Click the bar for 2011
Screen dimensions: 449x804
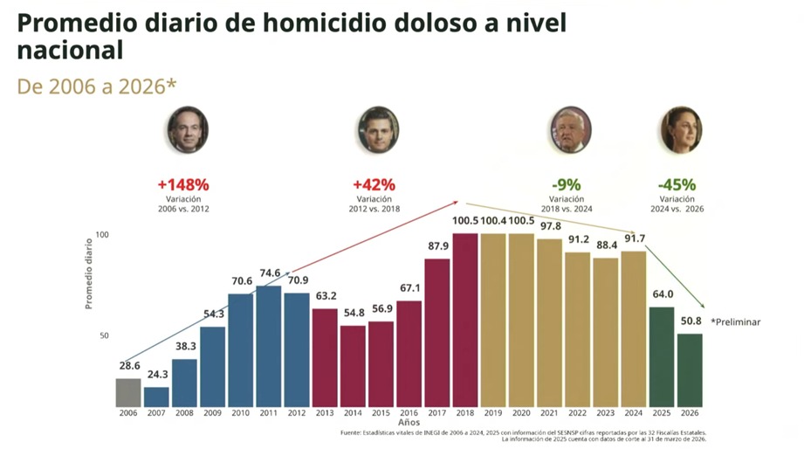pyautogui.click(x=269, y=346)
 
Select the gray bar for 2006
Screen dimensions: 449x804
pyautogui.click(x=128, y=392)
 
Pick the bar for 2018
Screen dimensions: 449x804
pyautogui.click(x=464, y=320)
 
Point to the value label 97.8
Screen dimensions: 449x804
pyautogui.click(x=549, y=226)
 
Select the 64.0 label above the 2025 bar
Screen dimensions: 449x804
pyautogui.click(x=662, y=294)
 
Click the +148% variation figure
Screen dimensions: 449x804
pyautogui.click(x=183, y=185)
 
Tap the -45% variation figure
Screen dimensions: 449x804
pyautogui.click(x=677, y=185)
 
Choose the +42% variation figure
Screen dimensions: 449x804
pyautogui.click(x=374, y=185)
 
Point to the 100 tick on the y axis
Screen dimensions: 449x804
pyautogui.click(x=102, y=235)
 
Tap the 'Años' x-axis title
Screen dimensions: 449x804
pyautogui.click(x=409, y=423)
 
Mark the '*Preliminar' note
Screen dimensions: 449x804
pyautogui.click(x=736, y=321)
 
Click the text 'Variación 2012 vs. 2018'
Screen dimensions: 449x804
pyautogui.click(x=374, y=204)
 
